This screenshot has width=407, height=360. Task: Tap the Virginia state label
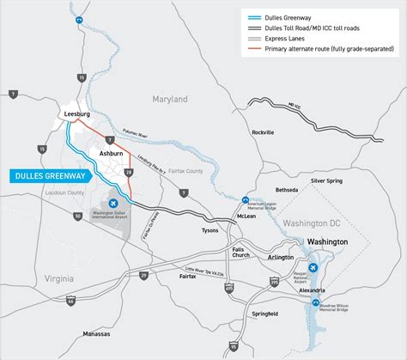(52, 279)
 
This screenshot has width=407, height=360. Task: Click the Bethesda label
(286, 189)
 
